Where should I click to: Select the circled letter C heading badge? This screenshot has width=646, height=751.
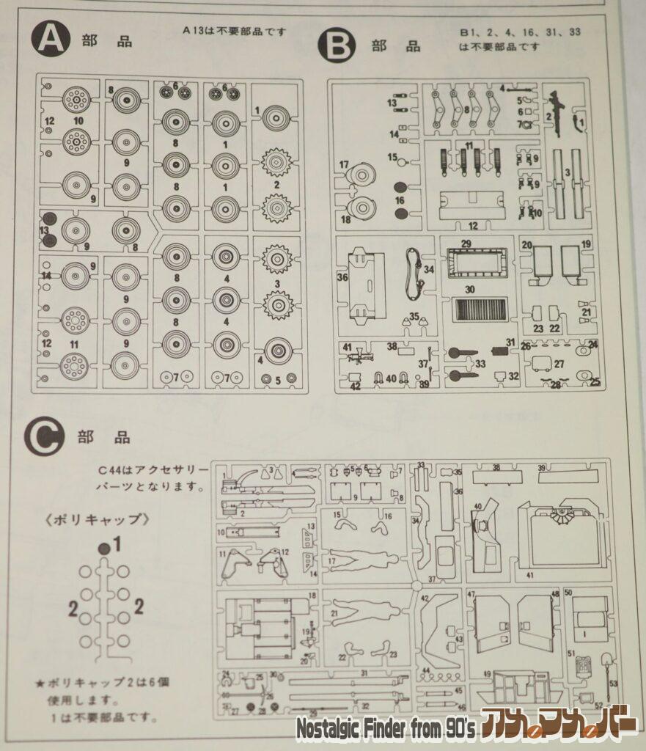click(45, 438)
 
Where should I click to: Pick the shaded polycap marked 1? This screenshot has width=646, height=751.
click(104, 547)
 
